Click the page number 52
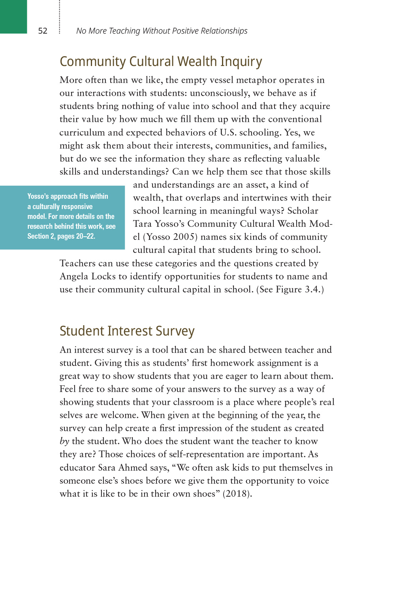pos(43,31)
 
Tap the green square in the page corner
pos(13,17)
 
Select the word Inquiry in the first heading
pos(241,62)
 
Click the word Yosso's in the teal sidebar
pos(38,196)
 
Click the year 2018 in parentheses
pos(237,494)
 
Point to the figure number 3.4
pos(312,290)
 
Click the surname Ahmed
pos(133,468)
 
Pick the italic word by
pos(64,441)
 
